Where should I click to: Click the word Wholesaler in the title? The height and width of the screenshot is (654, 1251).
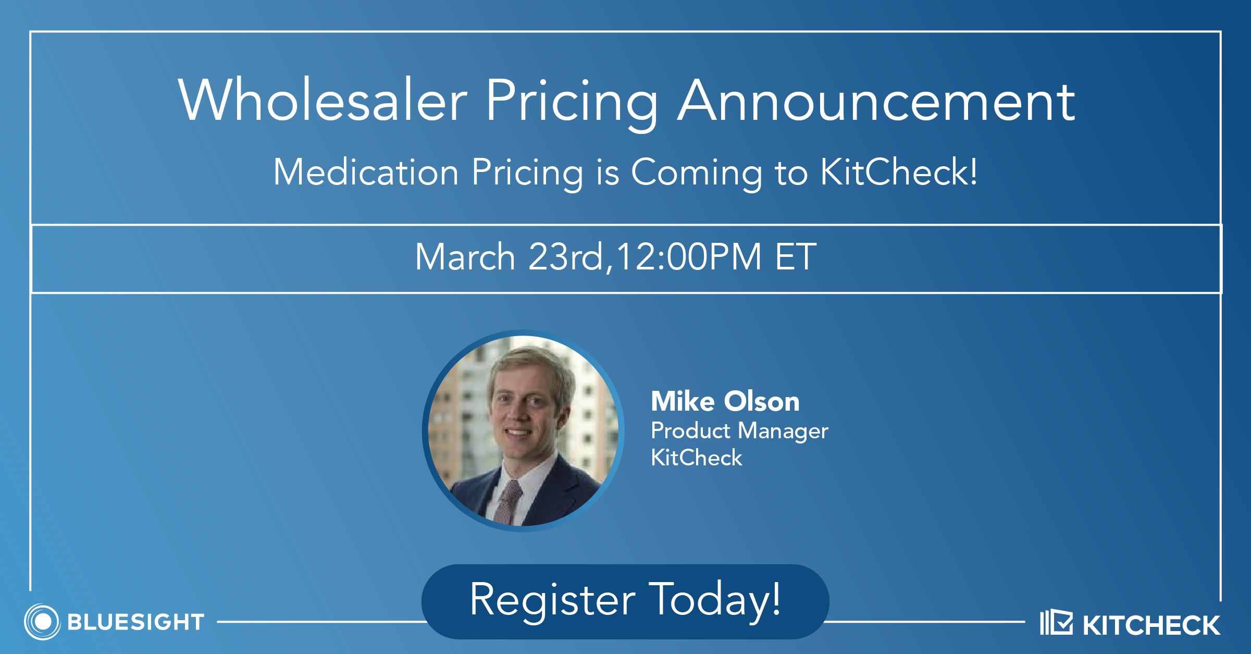pyautogui.click(x=323, y=100)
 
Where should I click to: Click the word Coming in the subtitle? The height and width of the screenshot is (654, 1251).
pyautogui.click(x=697, y=175)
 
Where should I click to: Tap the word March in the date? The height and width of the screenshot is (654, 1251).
pyautogui.click(x=465, y=256)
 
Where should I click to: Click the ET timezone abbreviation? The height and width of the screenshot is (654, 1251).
pyautogui.click(x=796, y=256)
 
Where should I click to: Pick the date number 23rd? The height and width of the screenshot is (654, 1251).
pyautogui.click(x=565, y=256)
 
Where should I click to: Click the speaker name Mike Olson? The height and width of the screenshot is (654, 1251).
pyautogui.click(x=725, y=401)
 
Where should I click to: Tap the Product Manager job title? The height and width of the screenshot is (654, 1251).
pyautogui.click(x=739, y=431)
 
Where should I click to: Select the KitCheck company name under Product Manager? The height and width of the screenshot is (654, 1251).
pyautogui.click(x=696, y=458)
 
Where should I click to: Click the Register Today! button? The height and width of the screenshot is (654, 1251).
pyautogui.click(x=625, y=601)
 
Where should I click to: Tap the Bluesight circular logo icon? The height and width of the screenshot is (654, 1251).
pyautogui.click(x=43, y=622)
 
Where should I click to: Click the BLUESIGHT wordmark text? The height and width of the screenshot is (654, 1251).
pyautogui.click(x=136, y=622)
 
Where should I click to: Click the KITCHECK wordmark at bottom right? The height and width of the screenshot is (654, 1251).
pyautogui.click(x=1151, y=625)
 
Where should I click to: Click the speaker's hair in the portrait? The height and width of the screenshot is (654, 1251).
pyautogui.click(x=529, y=365)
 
